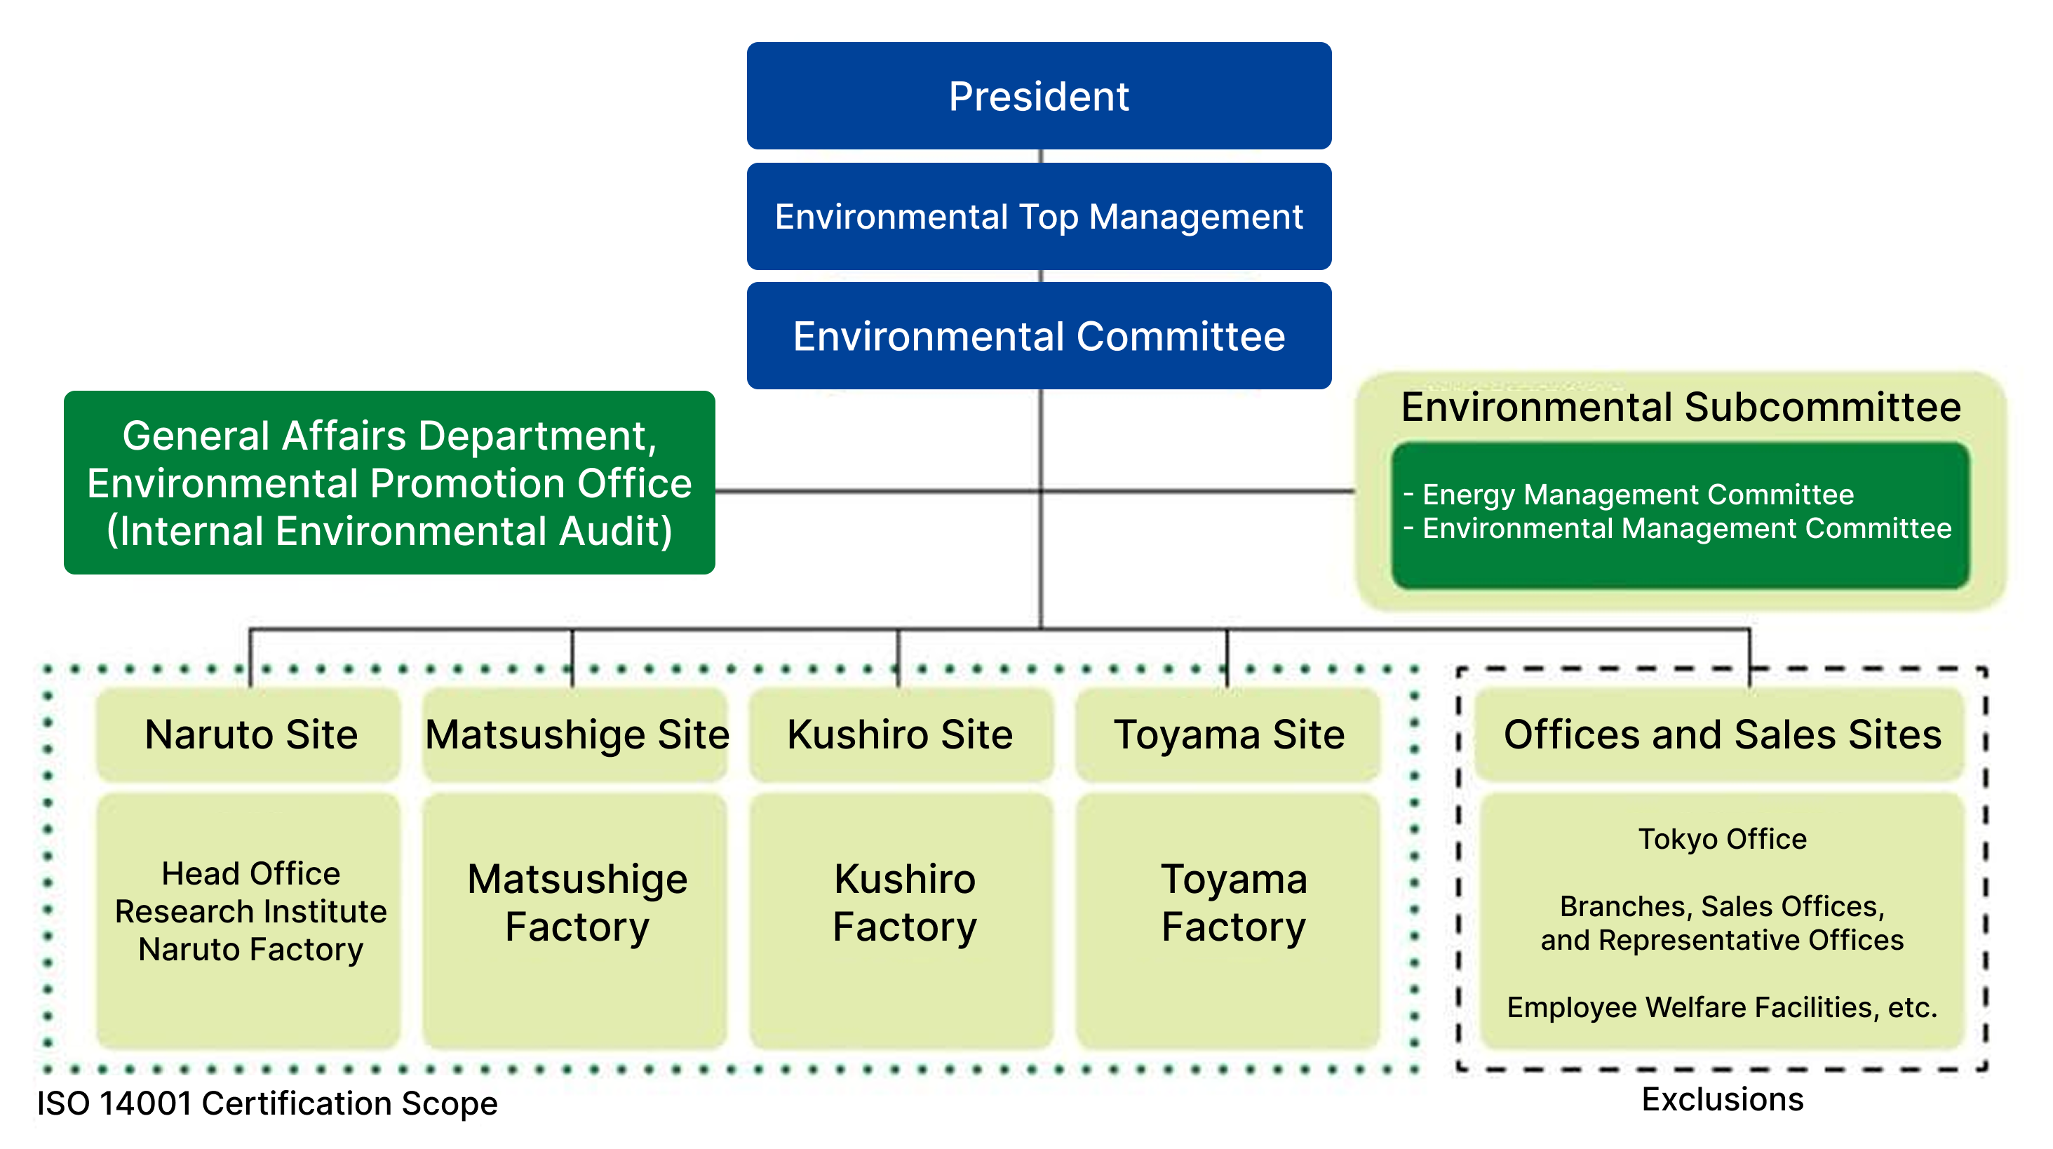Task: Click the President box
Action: (1039, 96)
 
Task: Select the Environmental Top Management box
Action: (1039, 217)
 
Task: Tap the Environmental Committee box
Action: (1039, 336)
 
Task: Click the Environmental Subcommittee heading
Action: (1681, 407)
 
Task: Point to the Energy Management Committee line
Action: (1638, 495)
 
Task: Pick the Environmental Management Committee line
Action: (1686, 528)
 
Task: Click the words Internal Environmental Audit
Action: (390, 532)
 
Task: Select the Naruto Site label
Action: (251, 734)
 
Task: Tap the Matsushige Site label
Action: (577, 734)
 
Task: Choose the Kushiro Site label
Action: (900, 734)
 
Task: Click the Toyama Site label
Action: (1229, 734)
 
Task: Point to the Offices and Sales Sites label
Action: (1722, 734)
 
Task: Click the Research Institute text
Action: (251, 911)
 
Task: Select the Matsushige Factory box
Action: (577, 904)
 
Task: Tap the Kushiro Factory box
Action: (904, 904)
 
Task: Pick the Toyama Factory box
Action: (1233, 904)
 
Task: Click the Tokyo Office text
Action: (1722, 839)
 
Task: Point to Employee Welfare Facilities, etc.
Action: (1722, 1008)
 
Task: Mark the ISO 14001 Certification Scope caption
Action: (267, 1104)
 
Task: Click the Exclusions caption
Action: (1722, 1101)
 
